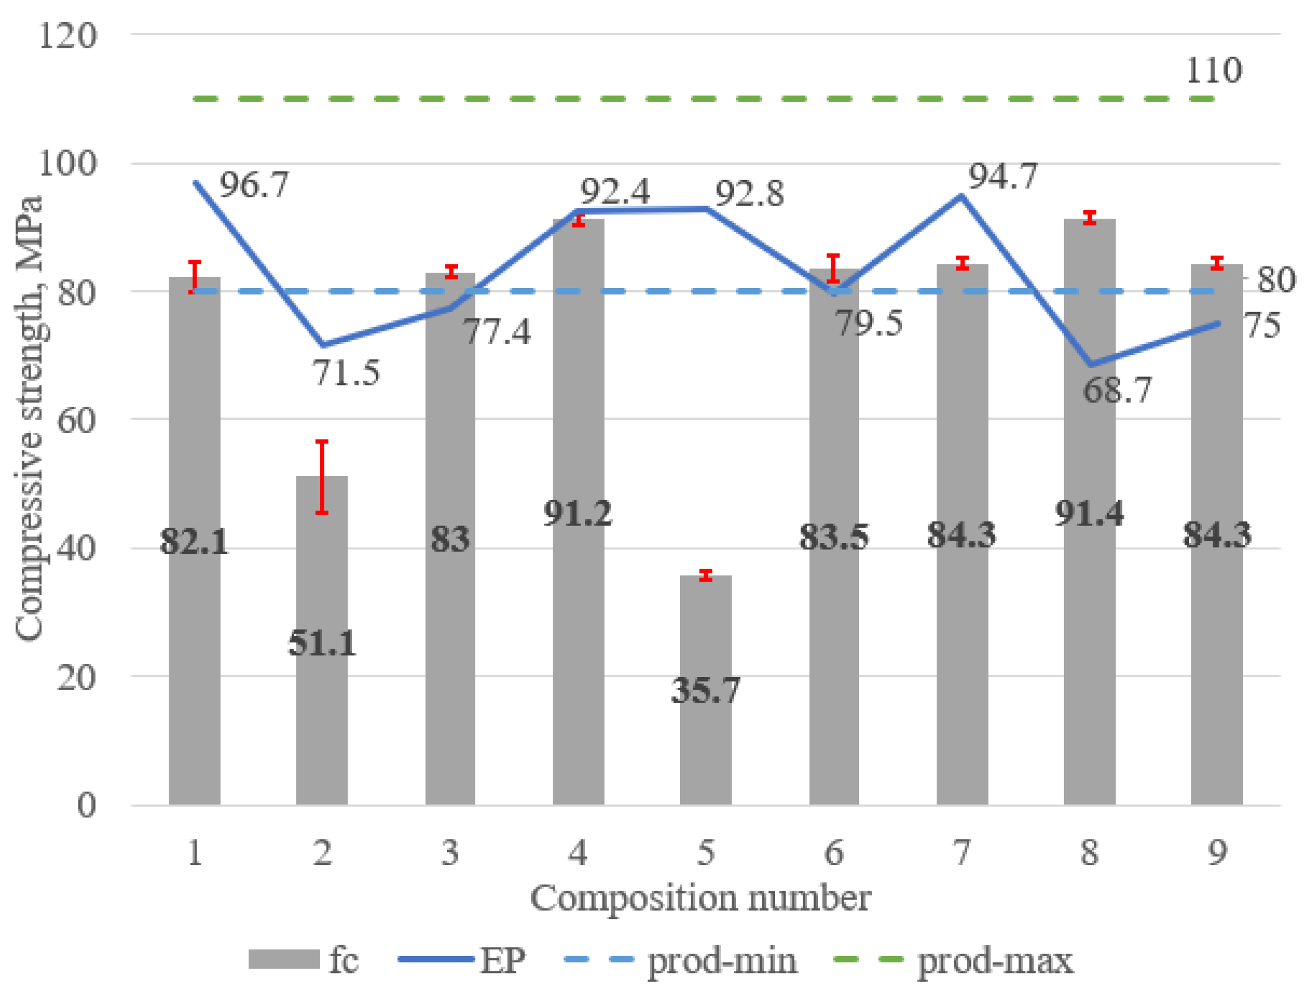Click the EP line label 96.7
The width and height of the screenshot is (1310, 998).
pyautogui.click(x=254, y=185)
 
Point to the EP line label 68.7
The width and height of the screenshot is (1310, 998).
pyautogui.click(x=1117, y=391)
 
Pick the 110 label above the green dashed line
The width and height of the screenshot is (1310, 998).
pyautogui.click(x=1213, y=70)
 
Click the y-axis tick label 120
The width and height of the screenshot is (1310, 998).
pyautogui.click(x=68, y=36)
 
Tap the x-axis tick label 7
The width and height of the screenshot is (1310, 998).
pyautogui.click(x=961, y=853)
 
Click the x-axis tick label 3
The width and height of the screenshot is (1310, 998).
pyautogui.click(x=450, y=853)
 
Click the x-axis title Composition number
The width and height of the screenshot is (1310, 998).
pyautogui.click(x=700, y=898)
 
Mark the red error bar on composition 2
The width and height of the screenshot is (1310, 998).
pyautogui.click(x=322, y=477)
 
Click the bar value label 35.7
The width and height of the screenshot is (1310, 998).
pyautogui.click(x=705, y=691)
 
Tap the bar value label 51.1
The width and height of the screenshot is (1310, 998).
pyautogui.click(x=322, y=644)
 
